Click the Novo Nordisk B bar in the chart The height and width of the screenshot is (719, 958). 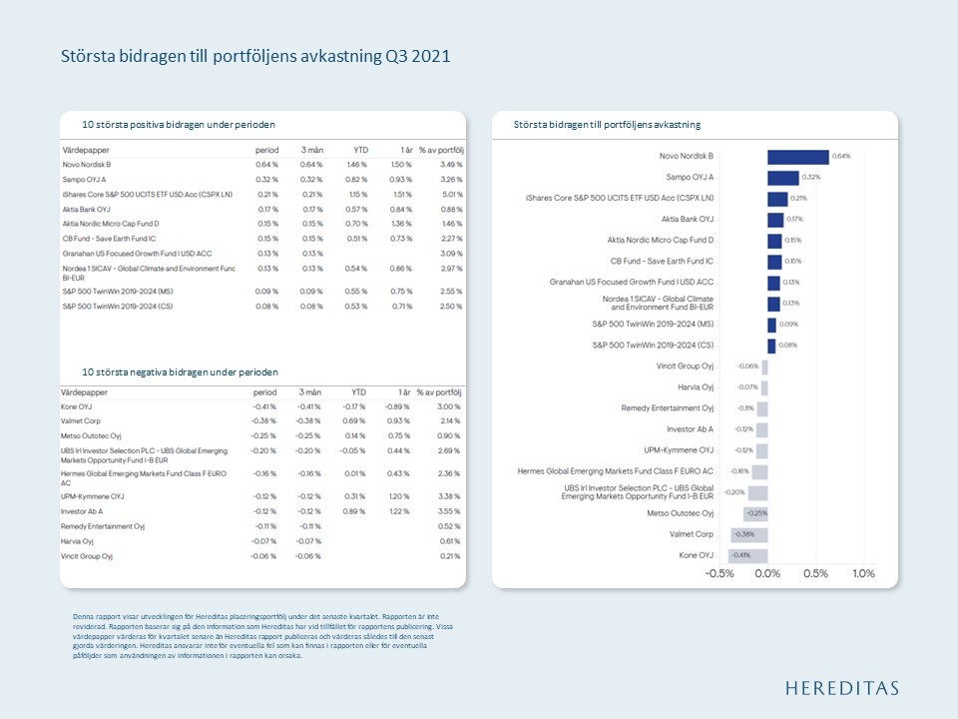tap(797, 157)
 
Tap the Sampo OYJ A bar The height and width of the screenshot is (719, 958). tap(782, 178)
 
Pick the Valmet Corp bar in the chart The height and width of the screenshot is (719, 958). tap(754, 534)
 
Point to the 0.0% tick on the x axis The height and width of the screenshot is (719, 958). tap(766, 574)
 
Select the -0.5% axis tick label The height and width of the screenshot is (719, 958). tap(719, 574)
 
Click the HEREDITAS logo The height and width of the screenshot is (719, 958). tap(841, 688)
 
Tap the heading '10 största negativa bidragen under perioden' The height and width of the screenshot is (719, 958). tap(180, 371)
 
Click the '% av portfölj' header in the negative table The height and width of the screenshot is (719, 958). tap(440, 392)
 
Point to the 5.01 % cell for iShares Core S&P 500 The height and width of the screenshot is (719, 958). tap(451, 194)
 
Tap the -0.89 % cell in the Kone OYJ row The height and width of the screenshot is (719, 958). tap(397, 407)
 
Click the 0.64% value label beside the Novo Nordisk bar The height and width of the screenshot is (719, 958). tap(840, 157)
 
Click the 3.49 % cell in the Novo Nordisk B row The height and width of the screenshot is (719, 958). tap(451, 164)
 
